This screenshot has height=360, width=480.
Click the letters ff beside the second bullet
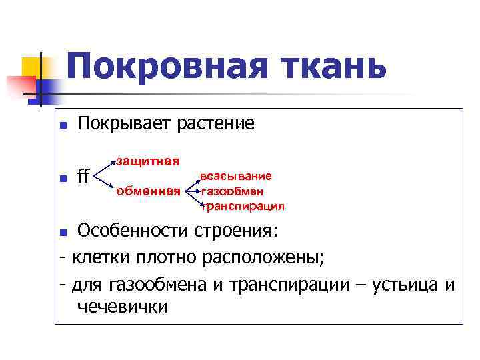[x=83, y=177]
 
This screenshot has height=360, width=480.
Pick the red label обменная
[x=148, y=192]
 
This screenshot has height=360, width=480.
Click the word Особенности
[x=133, y=231]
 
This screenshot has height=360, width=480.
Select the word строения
[x=237, y=231]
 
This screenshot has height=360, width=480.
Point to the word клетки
[x=101, y=257]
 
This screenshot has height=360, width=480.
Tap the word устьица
[x=404, y=284]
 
